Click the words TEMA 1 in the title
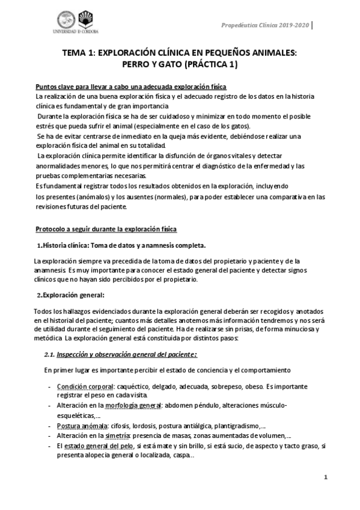(82, 53)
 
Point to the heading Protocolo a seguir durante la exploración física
(106, 230)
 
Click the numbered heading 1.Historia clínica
(122, 245)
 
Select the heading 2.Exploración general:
(72, 295)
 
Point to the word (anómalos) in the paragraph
(93, 197)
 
